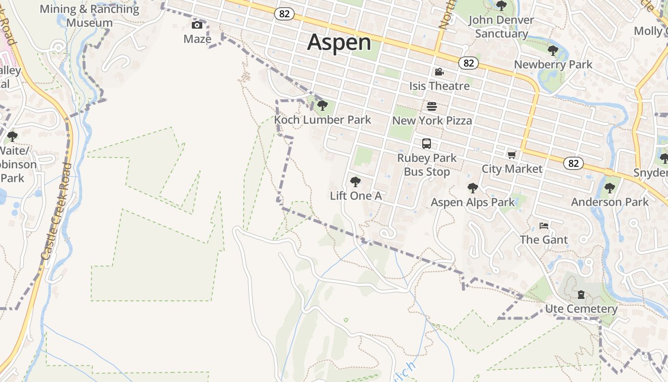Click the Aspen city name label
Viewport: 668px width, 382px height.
(x=339, y=42)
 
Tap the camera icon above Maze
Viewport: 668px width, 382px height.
(x=197, y=25)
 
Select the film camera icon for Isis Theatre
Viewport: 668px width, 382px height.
(x=439, y=72)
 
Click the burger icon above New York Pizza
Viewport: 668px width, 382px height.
(x=432, y=106)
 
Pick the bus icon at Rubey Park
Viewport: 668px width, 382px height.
(x=427, y=143)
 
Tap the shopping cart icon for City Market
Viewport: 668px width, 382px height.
(x=512, y=155)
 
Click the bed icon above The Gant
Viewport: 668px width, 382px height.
(x=544, y=225)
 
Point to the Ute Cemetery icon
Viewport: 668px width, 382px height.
(x=581, y=295)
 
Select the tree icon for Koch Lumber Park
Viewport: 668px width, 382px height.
(x=322, y=105)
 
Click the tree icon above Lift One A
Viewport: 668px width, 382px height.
(x=355, y=181)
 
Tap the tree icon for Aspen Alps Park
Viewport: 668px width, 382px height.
(x=472, y=188)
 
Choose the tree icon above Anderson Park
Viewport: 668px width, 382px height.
(x=609, y=188)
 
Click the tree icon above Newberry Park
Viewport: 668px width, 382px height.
(x=553, y=50)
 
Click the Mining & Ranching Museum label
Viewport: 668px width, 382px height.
(x=89, y=16)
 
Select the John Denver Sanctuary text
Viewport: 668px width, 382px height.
(x=501, y=27)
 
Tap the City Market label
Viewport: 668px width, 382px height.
(x=512, y=169)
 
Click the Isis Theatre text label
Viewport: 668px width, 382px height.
(x=439, y=86)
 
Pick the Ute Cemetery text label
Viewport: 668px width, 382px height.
(x=581, y=309)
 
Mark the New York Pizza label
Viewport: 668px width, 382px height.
(x=432, y=120)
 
